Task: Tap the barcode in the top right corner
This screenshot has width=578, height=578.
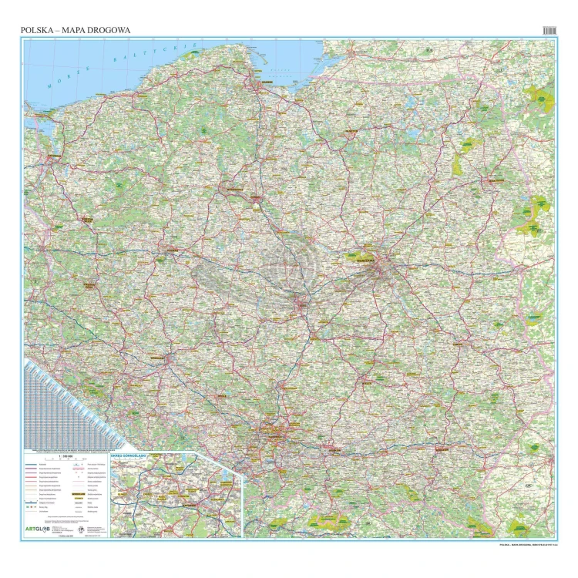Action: click(548, 29)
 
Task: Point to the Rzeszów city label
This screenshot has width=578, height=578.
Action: click(442, 447)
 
